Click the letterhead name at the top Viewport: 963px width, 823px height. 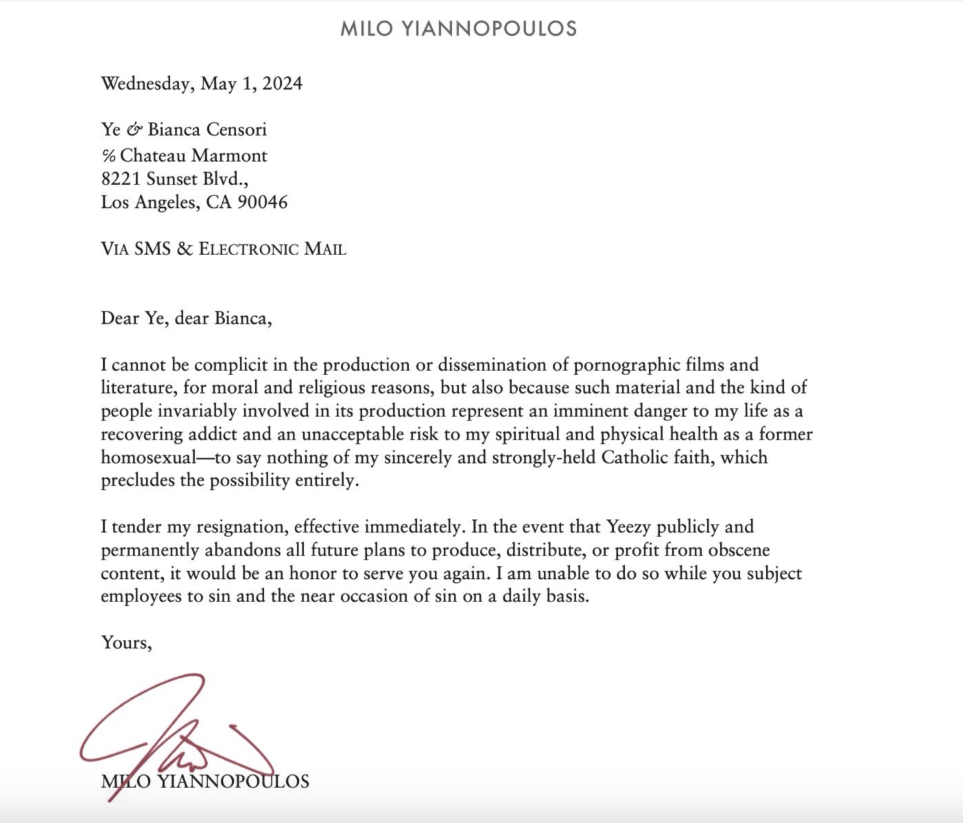pos(458,29)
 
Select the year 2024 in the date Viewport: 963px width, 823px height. pos(282,84)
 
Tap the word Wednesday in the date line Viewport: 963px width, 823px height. pos(146,84)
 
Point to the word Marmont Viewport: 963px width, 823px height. pos(229,156)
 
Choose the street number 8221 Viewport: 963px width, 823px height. pos(121,179)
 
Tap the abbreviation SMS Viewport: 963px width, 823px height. pos(152,249)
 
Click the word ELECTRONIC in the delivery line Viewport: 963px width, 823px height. pos(248,249)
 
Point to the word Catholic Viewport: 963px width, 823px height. pos(641,457)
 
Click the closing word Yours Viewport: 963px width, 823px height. pos(126,643)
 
